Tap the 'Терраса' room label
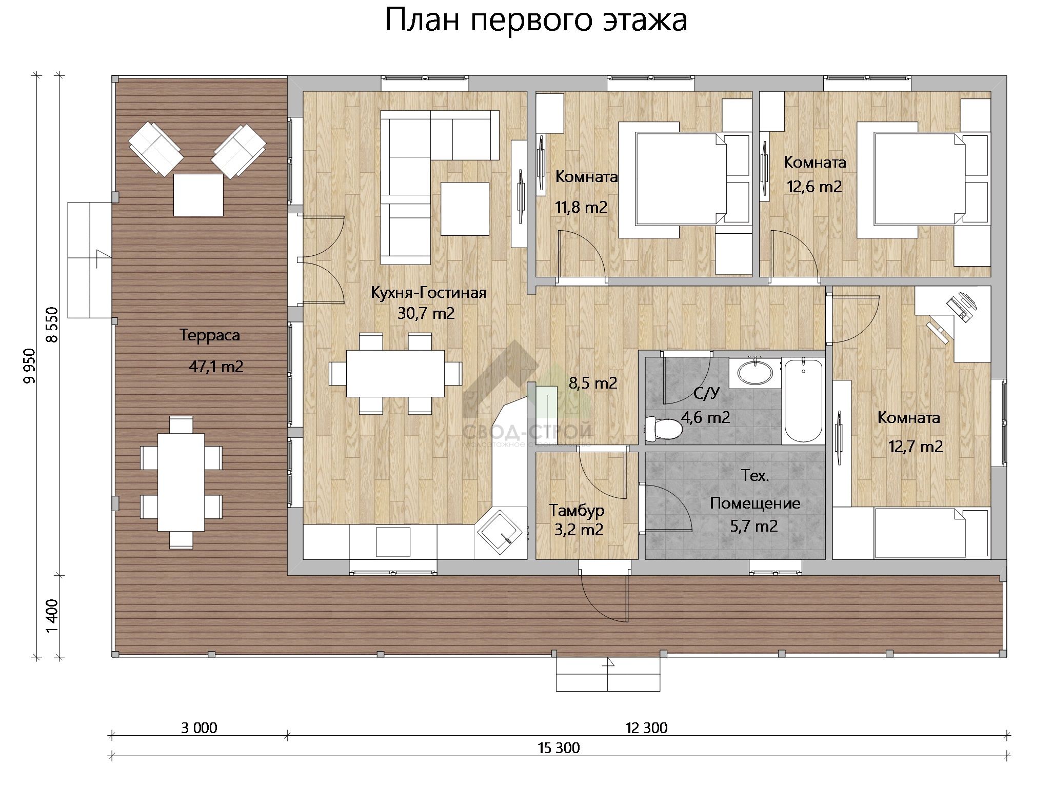pos(210,335)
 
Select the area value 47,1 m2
pos(216,367)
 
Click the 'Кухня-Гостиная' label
pos(428,293)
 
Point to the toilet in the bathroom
pos(663,429)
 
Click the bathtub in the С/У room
pos(803,400)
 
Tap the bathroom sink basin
pos(754,372)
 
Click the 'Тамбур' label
pos(577,510)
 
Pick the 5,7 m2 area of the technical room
pos(754,526)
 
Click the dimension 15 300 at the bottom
pos(559,748)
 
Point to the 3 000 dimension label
pos(199,728)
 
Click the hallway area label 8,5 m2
pos(593,382)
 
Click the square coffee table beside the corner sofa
pos(465,209)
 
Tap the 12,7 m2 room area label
pos(916,447)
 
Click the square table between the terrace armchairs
pos(198,195)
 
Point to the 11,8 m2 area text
pos(581,207)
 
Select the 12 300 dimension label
pos(646,728)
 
